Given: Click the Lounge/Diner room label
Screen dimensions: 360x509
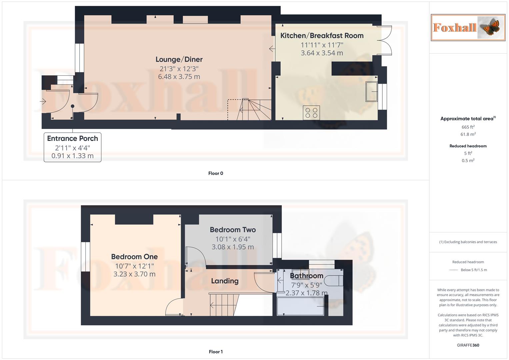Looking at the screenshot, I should tap(179, 59).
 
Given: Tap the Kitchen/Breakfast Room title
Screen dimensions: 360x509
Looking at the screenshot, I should tap(322, 36).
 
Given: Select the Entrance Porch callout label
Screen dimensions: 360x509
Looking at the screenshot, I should tap(72, 138).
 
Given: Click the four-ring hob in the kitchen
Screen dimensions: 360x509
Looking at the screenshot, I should tap(311, 113).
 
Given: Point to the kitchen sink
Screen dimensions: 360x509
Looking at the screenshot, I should tap(371, 91).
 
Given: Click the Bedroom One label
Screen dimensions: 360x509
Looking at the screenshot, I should tap(134, 257).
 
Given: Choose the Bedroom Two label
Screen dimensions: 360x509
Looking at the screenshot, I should tap(233, 230).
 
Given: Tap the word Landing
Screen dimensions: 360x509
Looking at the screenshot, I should tap(225, 281).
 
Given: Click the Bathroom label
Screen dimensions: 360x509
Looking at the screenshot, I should tap(306, 276).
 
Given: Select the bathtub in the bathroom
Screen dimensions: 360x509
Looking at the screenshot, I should tap(300, 306).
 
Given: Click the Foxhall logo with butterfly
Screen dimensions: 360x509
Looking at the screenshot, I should tap(468, 27).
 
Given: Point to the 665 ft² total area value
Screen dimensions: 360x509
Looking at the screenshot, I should tap(468, 127).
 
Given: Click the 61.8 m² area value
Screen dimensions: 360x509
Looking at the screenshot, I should tap(468, 134).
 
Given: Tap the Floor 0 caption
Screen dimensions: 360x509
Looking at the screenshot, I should tap(216, 173).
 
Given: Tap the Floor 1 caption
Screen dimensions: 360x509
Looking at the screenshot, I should tap(216, 352).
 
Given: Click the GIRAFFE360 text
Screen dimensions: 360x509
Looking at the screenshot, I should tap(468, 345).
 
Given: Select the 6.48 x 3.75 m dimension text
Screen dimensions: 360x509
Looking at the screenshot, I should tap(179, 77).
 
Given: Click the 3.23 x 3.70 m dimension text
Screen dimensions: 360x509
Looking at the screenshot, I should tap(134, 274).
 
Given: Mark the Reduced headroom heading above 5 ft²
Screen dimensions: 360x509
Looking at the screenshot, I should tap(468, 146).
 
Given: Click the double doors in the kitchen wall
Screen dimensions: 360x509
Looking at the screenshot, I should tap(384, 40).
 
